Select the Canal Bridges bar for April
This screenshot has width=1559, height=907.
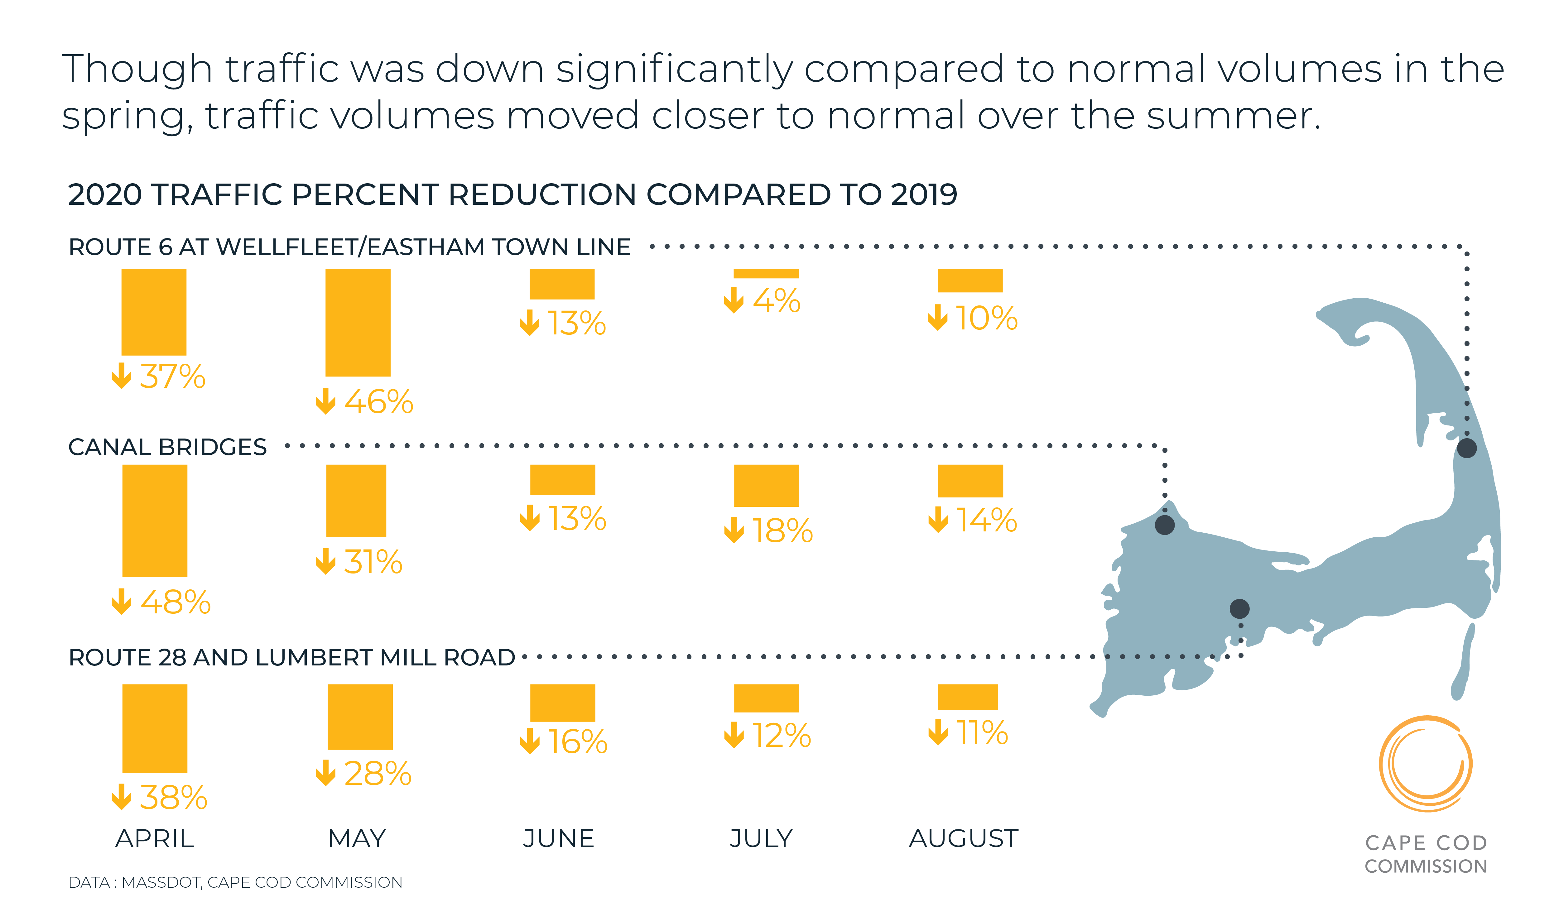(x=155, y=520)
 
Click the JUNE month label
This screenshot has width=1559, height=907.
(x=558, y=838)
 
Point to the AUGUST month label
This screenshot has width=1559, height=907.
(x=963, y=838)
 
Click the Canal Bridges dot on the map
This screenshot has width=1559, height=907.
(x=1164, y=525)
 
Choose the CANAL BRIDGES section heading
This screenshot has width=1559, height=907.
(x=167, y=447)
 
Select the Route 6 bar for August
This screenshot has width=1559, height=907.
(x=970, y=280)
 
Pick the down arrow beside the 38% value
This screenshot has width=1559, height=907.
(x=121, y=797)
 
